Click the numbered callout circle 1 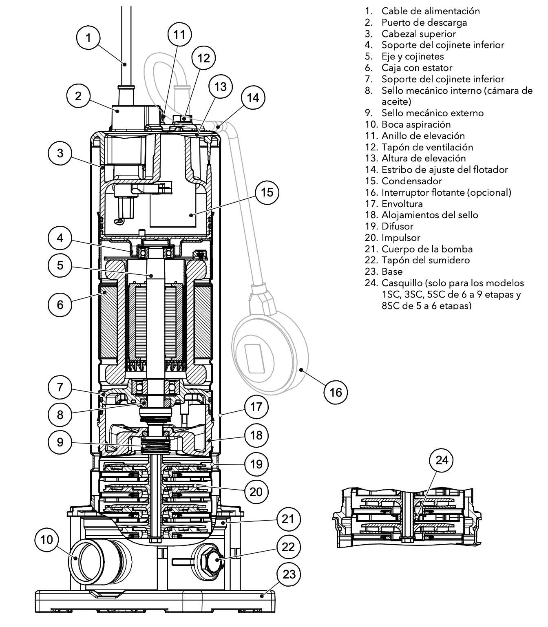(x=88, y=38)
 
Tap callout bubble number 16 (x=336, y=392)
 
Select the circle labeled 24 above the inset (x=442, y=460)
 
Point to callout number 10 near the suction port (x=46, y=540)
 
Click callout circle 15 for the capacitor (x=267, y=192)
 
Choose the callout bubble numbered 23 (x=289, y=574)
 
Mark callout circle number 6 (x=60, y=304)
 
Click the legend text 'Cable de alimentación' (x=430, y=11)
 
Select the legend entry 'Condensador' (x=411, y=181)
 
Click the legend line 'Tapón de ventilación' (x=427, y=147)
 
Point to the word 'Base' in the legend (x=392, y=272)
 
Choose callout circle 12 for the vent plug (x=203, y=58)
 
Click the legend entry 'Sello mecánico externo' (x=432, y=113)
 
